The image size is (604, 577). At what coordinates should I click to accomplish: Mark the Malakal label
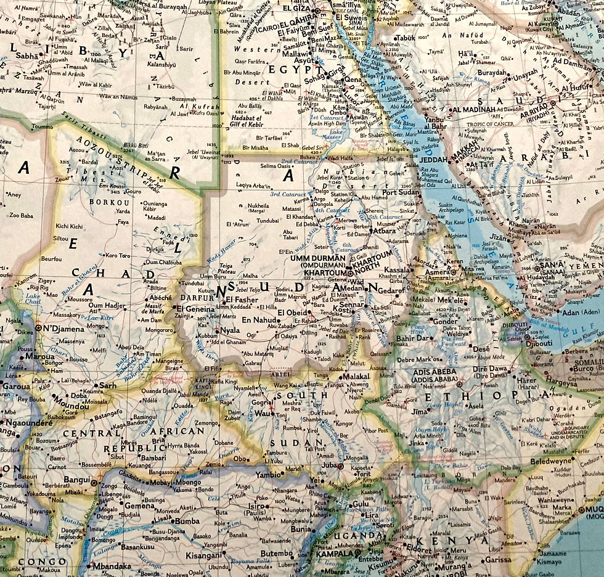coord(355,376)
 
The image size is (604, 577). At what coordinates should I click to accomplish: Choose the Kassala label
coord(396,270)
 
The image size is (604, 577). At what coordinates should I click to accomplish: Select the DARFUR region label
coord(196,297)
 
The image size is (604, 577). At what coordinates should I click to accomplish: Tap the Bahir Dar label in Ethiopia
coord(412,338)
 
